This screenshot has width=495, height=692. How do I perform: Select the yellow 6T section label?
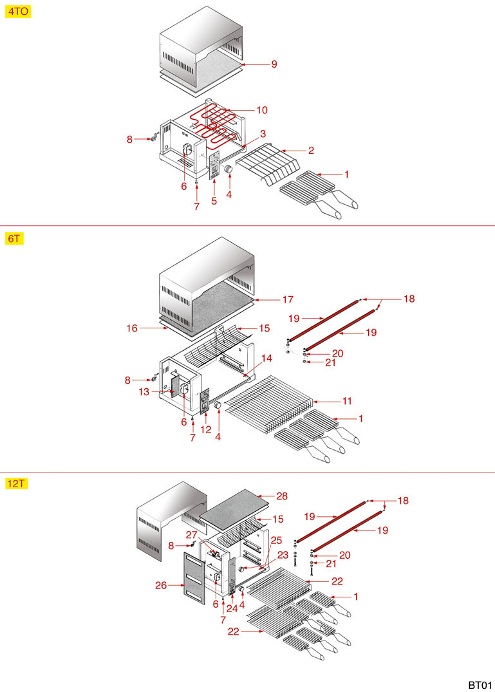pyautogui.click(x=14, y=238)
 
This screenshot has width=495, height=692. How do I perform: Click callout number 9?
pyautogui.click(x=274, y=64)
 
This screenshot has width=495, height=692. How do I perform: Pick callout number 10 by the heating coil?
pyautogui.click(x=262, y=110)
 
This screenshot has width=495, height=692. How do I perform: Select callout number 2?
pyautogui.click(x=311, y=151)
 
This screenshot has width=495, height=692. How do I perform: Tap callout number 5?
pyautogui.click(x=214, y=201)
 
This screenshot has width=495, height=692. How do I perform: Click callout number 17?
pyautogui.click(x=287, y=299)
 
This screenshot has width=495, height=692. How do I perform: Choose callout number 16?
pyautogui.click(x=132, y=328)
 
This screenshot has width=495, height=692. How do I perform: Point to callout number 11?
pyautogui.click(x=347, y=401)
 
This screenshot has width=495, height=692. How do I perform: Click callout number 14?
pyautogui.click(x=266, y=357)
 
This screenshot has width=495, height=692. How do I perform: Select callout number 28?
pyautogui.click(x=281, y=496)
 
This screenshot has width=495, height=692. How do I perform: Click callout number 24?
pyautogui.click(x=231, y=608)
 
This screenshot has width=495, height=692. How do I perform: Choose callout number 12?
pyautogui.click(x=206, y=429)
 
